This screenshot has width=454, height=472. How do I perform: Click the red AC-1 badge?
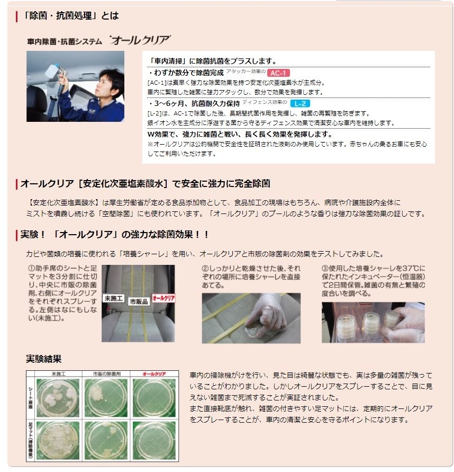pyautogui.click(x=278, y=73)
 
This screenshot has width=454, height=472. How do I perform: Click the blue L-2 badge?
pyautogui.click(x=300, y=103)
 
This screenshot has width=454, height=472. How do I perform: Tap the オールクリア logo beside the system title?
pyautogui.click(x=140, y=40)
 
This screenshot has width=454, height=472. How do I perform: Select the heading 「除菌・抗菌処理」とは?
pyautogui.click(x=71, y=16)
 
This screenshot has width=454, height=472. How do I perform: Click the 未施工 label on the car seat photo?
pyautogui.click(x=113, y=298)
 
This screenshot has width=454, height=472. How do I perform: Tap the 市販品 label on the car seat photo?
pyautogui.click(x=139, y=301)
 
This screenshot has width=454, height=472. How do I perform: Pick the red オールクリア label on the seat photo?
pyautogui.click(x=164, y=298)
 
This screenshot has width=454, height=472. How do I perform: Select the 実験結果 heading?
pyautogui.click(x=43, y=359)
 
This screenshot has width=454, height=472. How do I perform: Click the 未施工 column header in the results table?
pyautogui.click(x=58, y=374)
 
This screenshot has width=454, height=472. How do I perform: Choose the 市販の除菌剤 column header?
pyautogui.click(x=106, y=374)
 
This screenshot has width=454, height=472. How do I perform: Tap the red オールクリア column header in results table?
pyautogui.click(x=154, y=374)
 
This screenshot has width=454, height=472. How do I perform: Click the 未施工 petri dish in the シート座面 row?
pyautogui.click(x=58, y=398)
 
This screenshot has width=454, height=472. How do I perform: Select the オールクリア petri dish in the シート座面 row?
pyautogui.click(x=154, y=398)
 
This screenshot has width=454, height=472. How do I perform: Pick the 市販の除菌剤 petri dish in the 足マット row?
pyautogui.click(x=106, y=440)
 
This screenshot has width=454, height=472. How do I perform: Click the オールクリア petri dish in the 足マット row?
pyautogui.click(x=154, y=440)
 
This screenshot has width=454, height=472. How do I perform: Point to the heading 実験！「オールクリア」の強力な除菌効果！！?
pyautogui.click(x=114, y=234)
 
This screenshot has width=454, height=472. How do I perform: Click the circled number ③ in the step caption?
pyautogui.click(x=325, y=268)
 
